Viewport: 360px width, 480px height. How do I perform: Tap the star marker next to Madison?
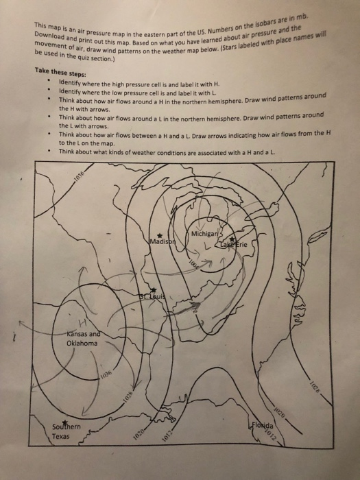pos(159,235)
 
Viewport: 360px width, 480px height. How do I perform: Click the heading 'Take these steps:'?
pos(64,70)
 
